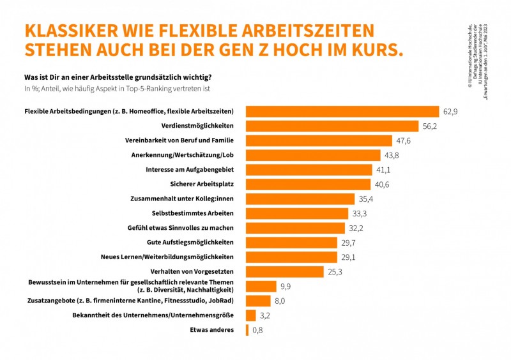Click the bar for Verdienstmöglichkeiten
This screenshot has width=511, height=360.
point(333,126)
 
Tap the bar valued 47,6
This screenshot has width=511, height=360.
point(319,141)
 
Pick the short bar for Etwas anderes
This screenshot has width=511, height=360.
point(247,330)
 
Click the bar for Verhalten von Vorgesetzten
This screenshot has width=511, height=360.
point(285,272)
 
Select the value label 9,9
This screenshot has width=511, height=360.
point(286,287)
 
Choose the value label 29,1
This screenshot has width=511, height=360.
point(347,258)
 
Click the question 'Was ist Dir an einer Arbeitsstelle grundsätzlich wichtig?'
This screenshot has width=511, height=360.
point(117,78)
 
